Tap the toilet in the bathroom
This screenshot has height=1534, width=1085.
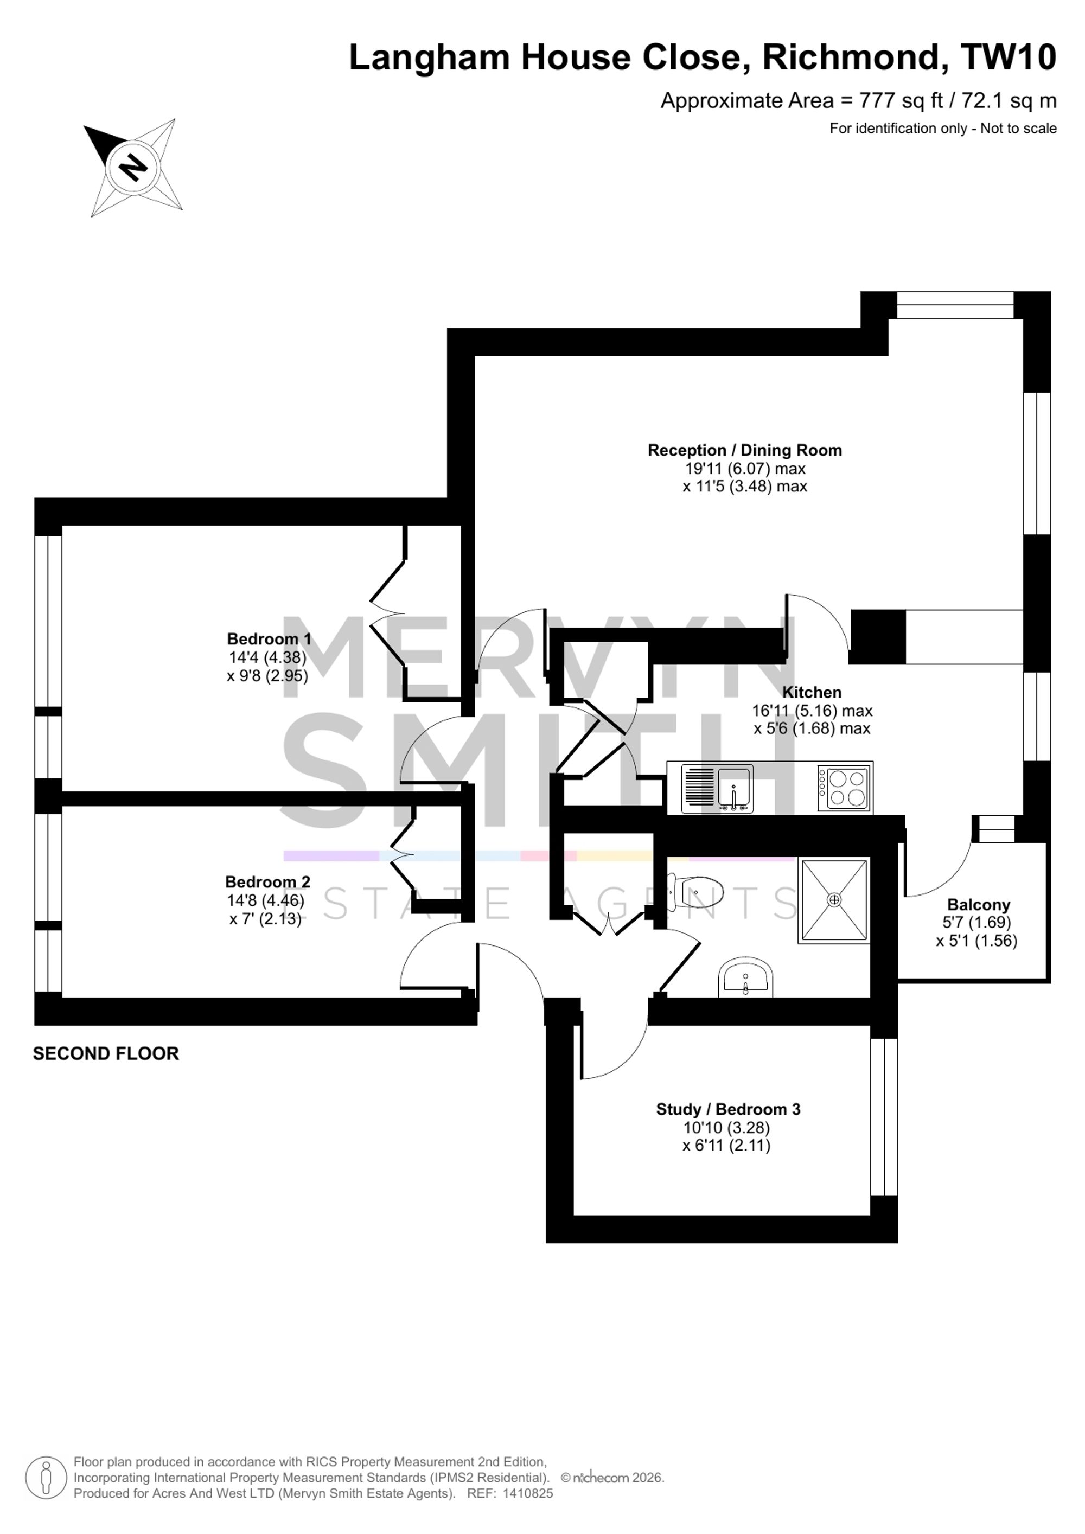point(696,892)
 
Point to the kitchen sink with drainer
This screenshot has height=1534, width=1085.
point(717,789)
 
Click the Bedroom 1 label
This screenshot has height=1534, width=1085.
point(269,639)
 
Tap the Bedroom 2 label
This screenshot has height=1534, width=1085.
point(267,882)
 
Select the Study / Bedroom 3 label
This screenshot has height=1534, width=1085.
point(728,1109)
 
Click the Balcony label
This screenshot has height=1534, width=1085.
point(979,905)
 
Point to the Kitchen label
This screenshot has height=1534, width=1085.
point(812,692)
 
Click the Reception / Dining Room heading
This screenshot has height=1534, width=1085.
point(745,450)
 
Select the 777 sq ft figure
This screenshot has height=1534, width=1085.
point(901,101)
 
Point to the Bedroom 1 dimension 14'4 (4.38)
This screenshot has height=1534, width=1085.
point(267,657)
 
